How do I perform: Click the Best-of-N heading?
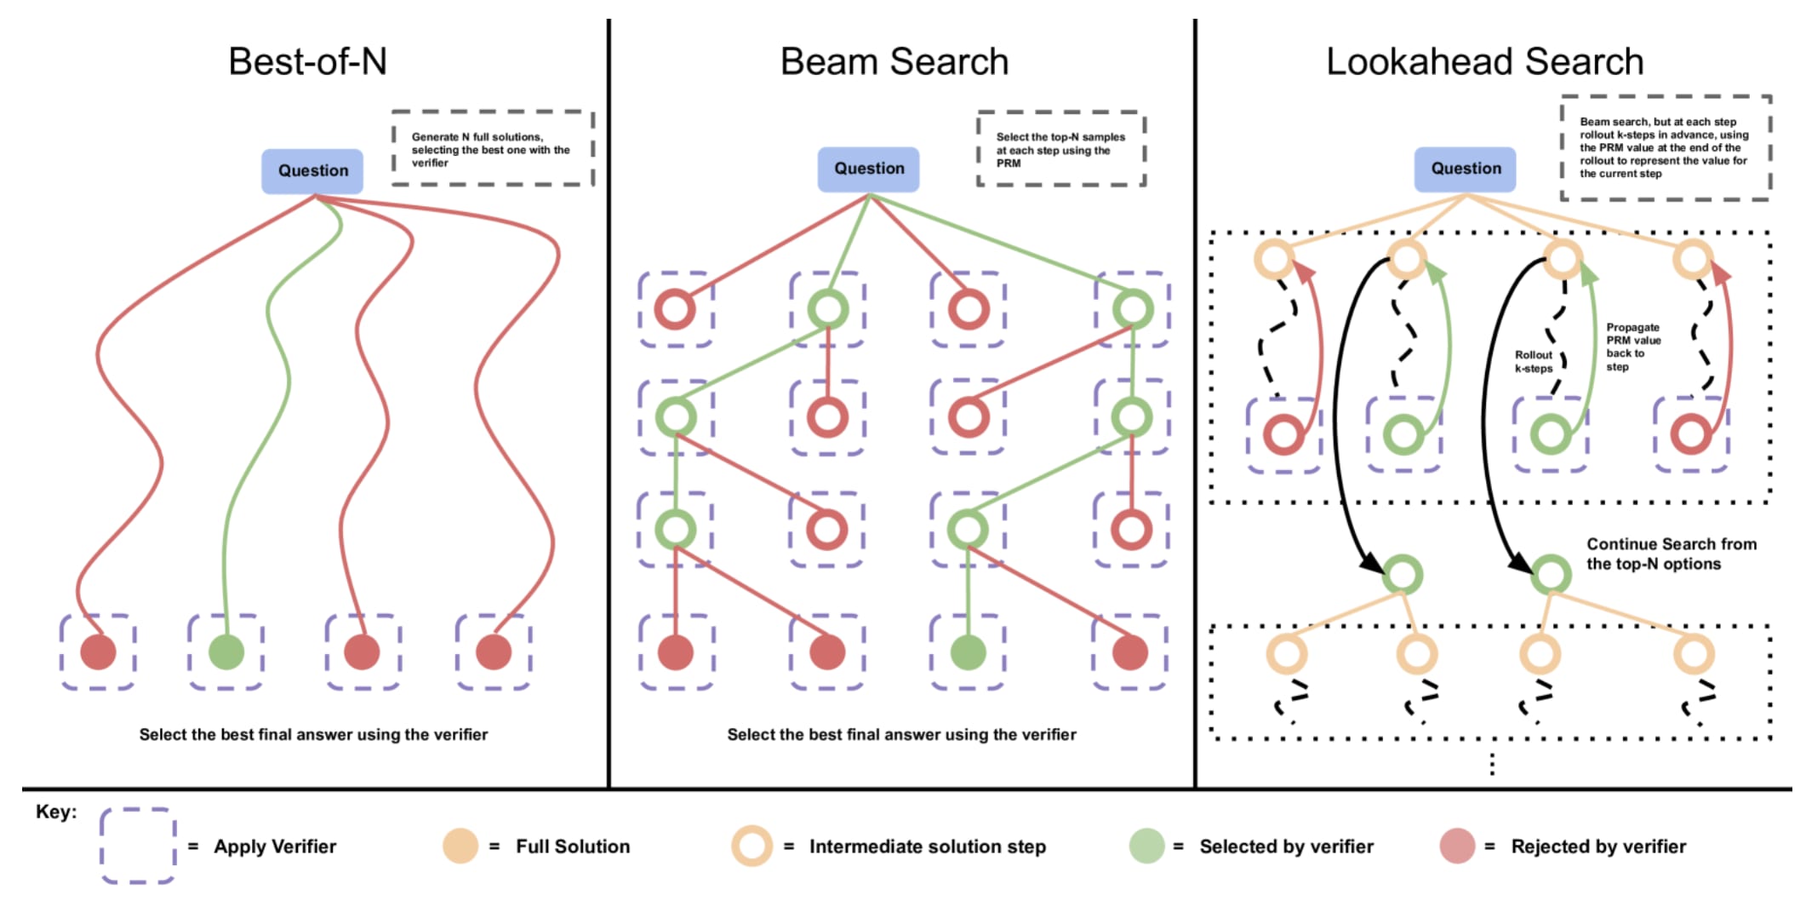(x=308, y=61)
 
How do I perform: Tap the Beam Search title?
(x=894, y=62)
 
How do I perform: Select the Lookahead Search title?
(x=1485, y=62)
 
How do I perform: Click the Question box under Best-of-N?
(x=312, y=171)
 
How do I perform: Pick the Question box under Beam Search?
(x=869, y=169)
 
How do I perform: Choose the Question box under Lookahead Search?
(x=1466, y=169)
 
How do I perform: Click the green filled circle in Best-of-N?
(x=226, y=652)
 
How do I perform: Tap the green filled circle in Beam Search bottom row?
(x=968, y=652)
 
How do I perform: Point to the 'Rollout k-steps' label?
(x=1534, y=361)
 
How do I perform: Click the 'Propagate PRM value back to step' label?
(x=1633, y=347)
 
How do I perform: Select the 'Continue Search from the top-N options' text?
(x=1672, y=554)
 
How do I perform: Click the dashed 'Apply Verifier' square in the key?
(x=138, y=810)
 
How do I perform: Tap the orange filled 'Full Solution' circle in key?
(x=460, y=846)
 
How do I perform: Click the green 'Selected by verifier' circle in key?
(x=1146, y=846)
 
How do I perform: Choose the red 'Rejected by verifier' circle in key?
(x=1457, y=846)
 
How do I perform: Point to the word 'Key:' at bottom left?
(x=56, y=812)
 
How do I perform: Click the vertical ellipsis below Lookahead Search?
(x=1492, y=764)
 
